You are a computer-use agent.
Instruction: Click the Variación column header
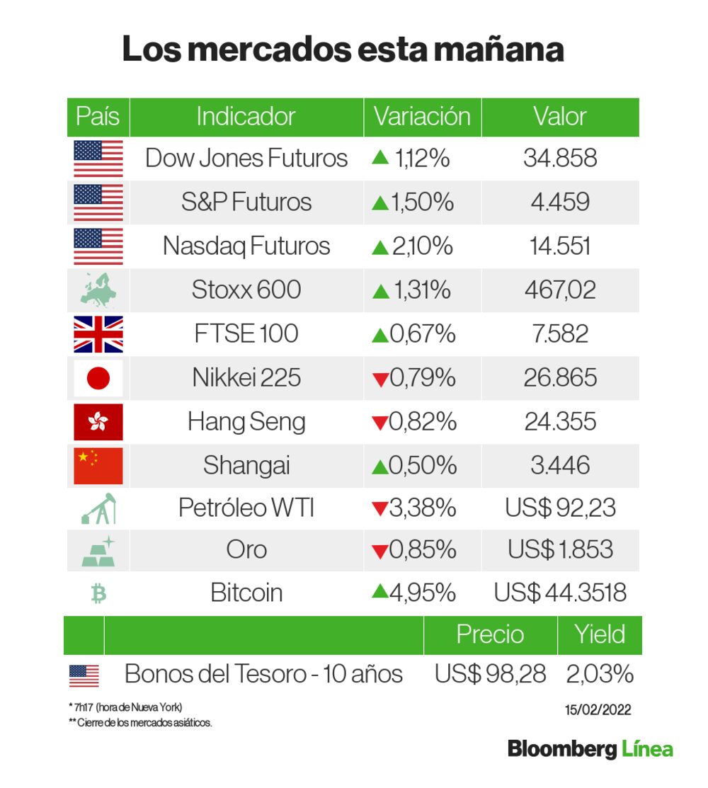coord(422,117)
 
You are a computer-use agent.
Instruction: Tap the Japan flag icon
coord(98,378)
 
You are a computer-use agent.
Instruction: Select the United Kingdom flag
coord(98,334)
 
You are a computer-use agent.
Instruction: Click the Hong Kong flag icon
coord(98,422)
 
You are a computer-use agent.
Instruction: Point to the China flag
coord(98,465)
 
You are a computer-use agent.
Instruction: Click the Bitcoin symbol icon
coord(98,593)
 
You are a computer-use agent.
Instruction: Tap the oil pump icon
coord(98,508)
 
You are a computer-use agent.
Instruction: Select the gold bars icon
coord(98,551)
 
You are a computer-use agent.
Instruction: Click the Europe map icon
coord(98,290)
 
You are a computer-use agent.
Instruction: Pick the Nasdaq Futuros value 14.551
coord(559,246)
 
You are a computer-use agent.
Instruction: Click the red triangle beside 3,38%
coord(379,509)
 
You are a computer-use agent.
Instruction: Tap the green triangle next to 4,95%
coord(379,591)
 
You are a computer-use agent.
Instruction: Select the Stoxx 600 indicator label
coord(246,290)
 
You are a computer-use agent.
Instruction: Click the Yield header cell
coord(600,634)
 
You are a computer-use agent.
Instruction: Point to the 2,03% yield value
coord(599,674)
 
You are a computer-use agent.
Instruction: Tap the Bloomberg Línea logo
coord(590,749)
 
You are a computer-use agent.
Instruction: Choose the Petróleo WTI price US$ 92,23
coord(560,508)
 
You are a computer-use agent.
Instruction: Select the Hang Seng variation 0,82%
coord(422,422)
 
